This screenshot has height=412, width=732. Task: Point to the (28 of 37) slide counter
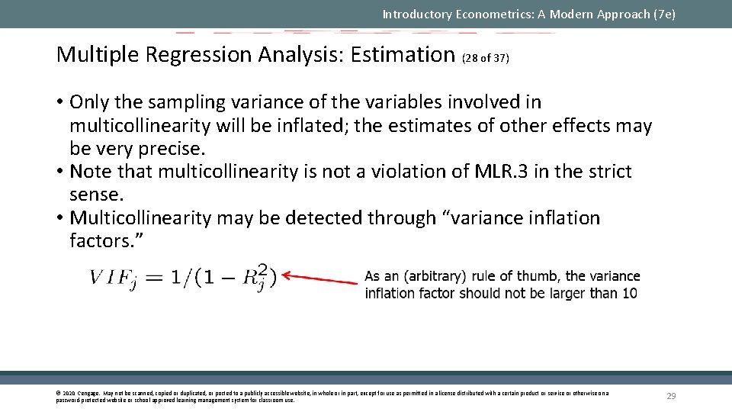point(486,58)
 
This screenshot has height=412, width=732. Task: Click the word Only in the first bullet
point(90,102)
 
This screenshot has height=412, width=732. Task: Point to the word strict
point(605,172)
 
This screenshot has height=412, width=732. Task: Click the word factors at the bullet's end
point(104,241)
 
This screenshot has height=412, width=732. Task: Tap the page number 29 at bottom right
point(671,395)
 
